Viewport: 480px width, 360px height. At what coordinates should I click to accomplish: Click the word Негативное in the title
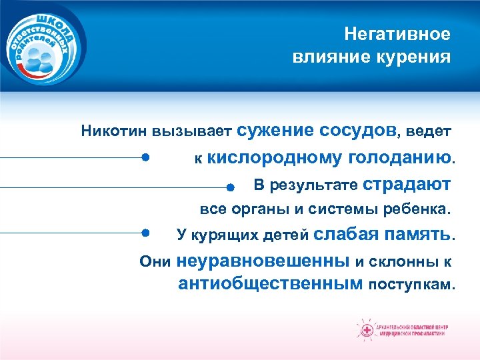pyautogui.click(x=397, y=34)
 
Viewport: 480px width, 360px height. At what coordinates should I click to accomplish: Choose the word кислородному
pyautogui.click(x=275, y=158)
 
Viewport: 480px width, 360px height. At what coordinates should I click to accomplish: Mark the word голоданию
pyautogui.click(x=400, y=158)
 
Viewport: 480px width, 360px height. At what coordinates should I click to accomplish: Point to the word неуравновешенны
pyautogui.click(x=264, y=260)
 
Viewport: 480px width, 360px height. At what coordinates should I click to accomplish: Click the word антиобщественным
pyautogui.click(x=271, y=285)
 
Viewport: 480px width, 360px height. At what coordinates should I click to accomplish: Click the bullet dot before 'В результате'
pyautogui.click(x=229, y=187)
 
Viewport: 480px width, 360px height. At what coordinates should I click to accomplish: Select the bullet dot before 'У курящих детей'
pyautogui.click(x=145, y=233)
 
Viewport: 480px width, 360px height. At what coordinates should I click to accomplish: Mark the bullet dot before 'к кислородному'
pyautogui.click(x=145, y=158)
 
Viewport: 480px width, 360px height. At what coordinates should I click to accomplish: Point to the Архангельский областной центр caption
pyautogui.click(x=413, y=331)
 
